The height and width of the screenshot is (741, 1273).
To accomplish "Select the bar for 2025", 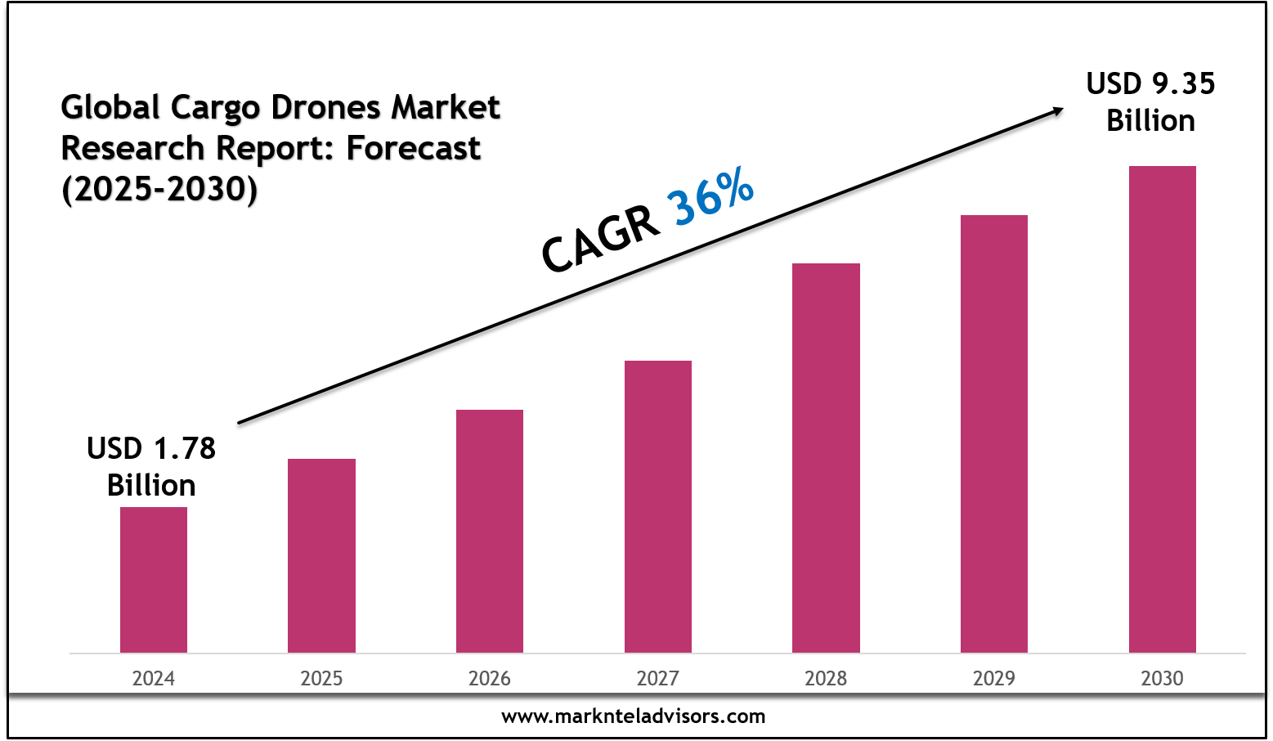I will (321, 555).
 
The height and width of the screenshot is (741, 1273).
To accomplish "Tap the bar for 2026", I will (490, 531).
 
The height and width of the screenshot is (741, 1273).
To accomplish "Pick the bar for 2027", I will (658, 506).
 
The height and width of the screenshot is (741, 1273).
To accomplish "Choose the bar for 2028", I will (826, 457).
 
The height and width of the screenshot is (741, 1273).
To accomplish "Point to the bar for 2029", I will (994, 433).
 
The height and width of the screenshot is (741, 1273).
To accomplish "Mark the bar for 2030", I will (1163, 409).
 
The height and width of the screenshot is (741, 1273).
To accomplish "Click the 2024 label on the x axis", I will (154, 678).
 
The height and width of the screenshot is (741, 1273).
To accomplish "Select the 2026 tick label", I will (490, 678).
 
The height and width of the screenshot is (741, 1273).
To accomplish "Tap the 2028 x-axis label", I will (826, 678).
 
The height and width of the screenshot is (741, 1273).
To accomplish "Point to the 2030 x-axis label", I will (1163, 678).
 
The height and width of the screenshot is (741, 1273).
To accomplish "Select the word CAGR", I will (601, 240).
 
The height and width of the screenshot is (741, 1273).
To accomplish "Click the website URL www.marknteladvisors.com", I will (634, 716).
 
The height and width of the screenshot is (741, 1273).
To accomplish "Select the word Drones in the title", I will (326, 107).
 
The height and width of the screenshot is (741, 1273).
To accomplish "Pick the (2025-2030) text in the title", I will (159, 189).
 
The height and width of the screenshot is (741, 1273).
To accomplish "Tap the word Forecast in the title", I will (414, 148).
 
